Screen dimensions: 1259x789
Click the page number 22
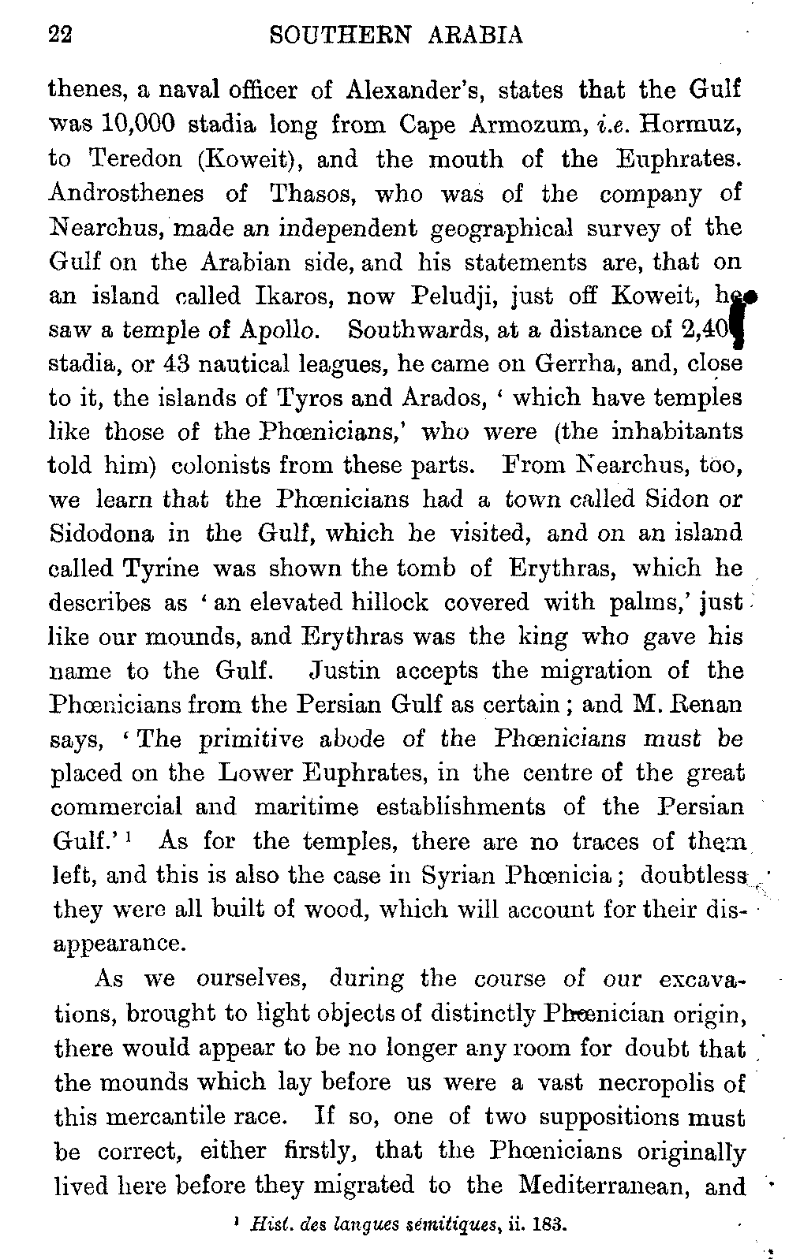(60, 35)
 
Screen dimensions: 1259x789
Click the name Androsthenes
(126, 193)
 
